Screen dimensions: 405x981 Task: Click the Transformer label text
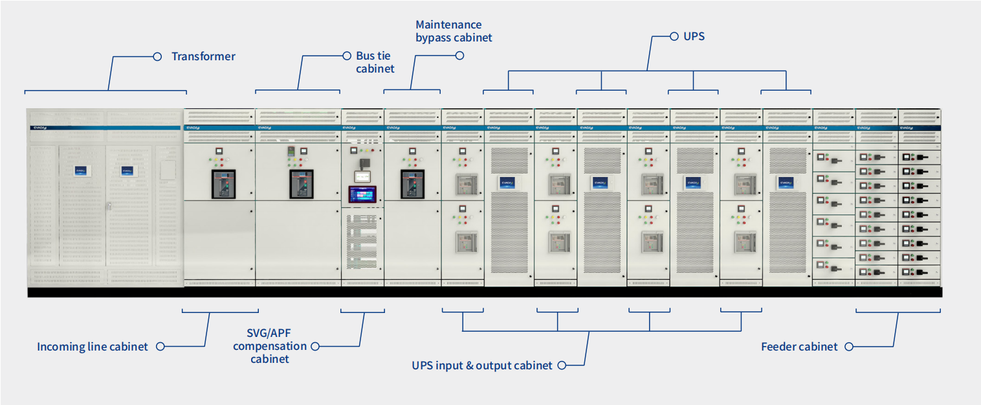[203, 56]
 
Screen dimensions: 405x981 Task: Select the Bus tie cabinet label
[375, 62]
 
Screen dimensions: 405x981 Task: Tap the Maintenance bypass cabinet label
[454, 31]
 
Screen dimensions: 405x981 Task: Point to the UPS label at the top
[694, 37]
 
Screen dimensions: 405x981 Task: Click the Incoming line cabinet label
[93, 347]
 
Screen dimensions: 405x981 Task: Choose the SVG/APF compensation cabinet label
[270, 346]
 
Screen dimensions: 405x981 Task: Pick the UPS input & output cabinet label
[482, 365]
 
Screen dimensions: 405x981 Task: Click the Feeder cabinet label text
[799, 347]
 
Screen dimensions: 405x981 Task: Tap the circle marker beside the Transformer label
[157, 56]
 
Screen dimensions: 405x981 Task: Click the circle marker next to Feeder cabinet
[848, 347]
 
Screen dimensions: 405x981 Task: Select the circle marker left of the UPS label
[673, 37]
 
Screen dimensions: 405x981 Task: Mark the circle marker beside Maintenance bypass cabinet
[459, 56]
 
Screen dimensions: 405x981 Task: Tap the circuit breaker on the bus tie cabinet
[298, 184]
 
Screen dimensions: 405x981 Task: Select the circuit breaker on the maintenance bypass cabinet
[412, 184]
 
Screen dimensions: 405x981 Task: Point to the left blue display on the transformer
[80, 171]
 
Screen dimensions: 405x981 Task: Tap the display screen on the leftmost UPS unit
[508, 183]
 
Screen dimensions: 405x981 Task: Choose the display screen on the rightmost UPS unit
[786, 183]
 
